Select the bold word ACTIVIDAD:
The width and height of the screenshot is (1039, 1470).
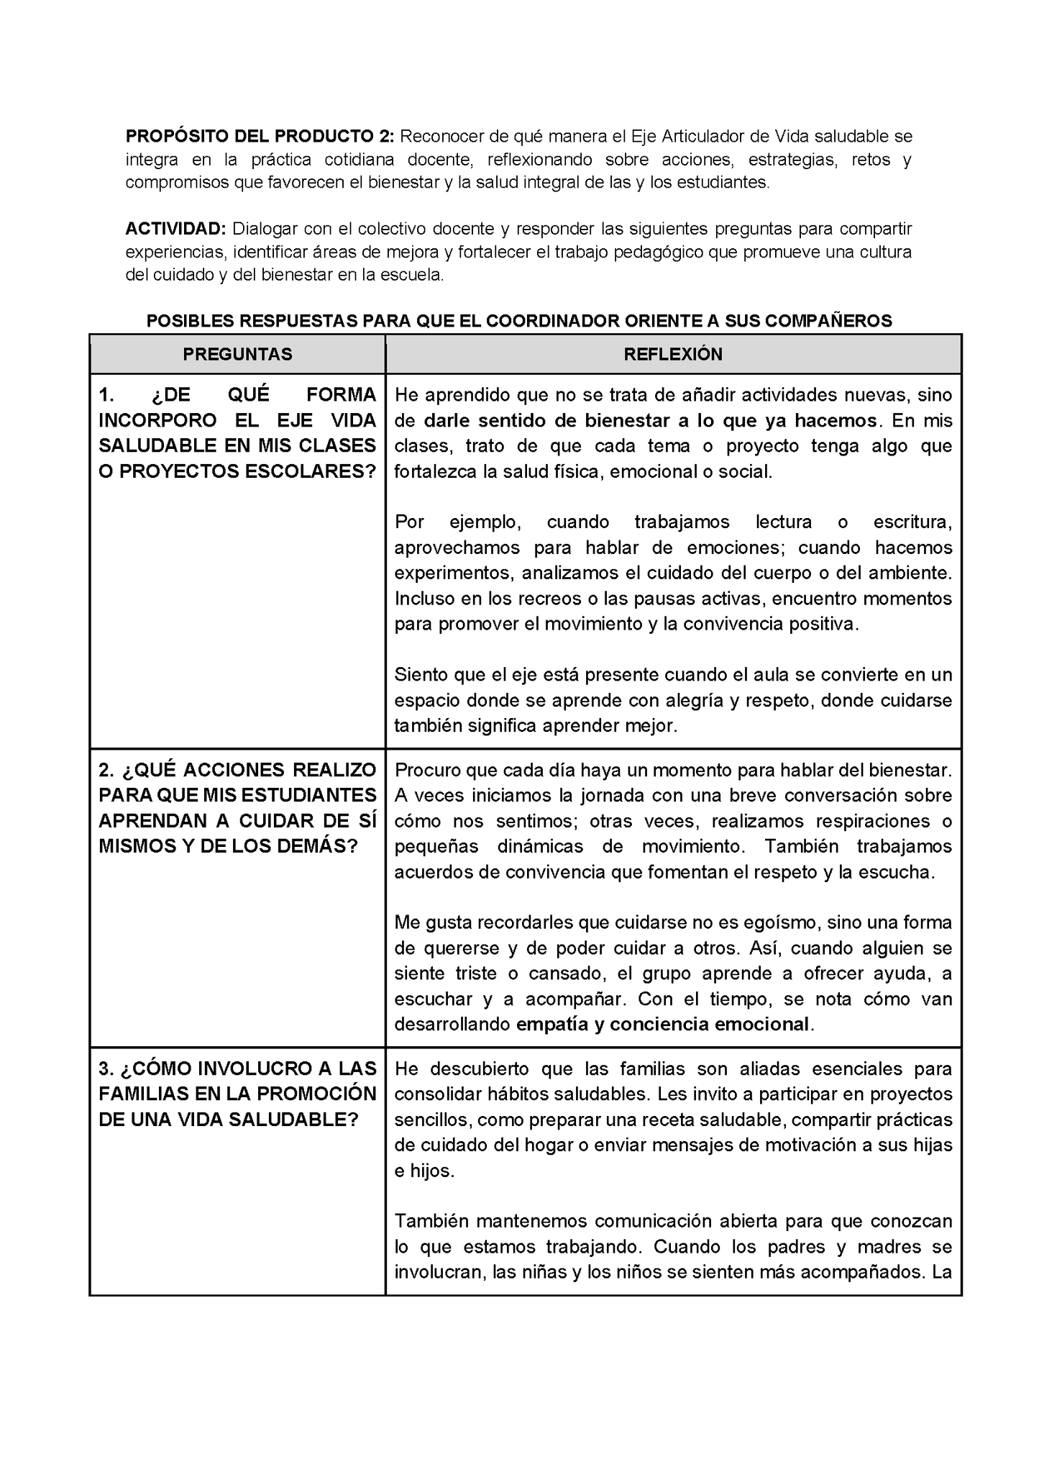175,229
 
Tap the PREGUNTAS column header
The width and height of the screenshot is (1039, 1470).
237,354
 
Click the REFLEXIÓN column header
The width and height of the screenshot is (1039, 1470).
673,354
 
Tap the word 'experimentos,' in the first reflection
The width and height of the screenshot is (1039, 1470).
454,573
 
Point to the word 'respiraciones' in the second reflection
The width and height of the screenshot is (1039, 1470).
874,821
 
